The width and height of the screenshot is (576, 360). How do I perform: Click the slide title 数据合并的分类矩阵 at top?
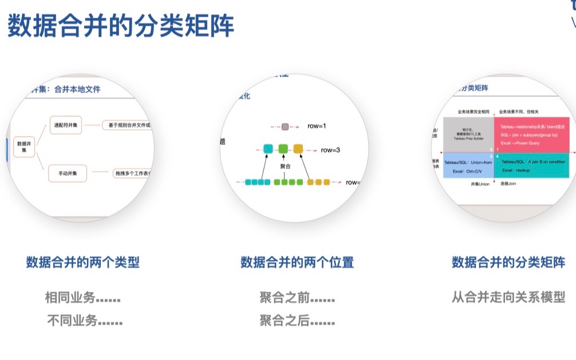point(121,26)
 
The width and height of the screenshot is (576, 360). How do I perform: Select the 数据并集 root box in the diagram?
point(25,147)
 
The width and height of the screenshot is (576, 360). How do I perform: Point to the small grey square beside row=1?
point(285,126)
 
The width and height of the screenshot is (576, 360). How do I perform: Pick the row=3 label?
point(330,150)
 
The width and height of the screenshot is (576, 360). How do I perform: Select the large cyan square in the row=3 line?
point(268,149)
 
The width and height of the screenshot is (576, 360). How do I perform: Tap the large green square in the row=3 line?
point(283,149)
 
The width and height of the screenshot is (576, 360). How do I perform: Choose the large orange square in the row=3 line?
point(298,149)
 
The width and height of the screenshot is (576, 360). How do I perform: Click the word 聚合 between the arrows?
point(285,166)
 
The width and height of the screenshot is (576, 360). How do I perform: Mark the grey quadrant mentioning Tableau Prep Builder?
point(468,134)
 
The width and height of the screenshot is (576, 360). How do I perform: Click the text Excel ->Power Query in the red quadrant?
point(520,142)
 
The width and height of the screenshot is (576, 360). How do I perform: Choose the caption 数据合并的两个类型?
point(83,262)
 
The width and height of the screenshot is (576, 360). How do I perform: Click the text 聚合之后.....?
point(297,321)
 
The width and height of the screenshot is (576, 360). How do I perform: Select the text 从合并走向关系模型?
point(508,297)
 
